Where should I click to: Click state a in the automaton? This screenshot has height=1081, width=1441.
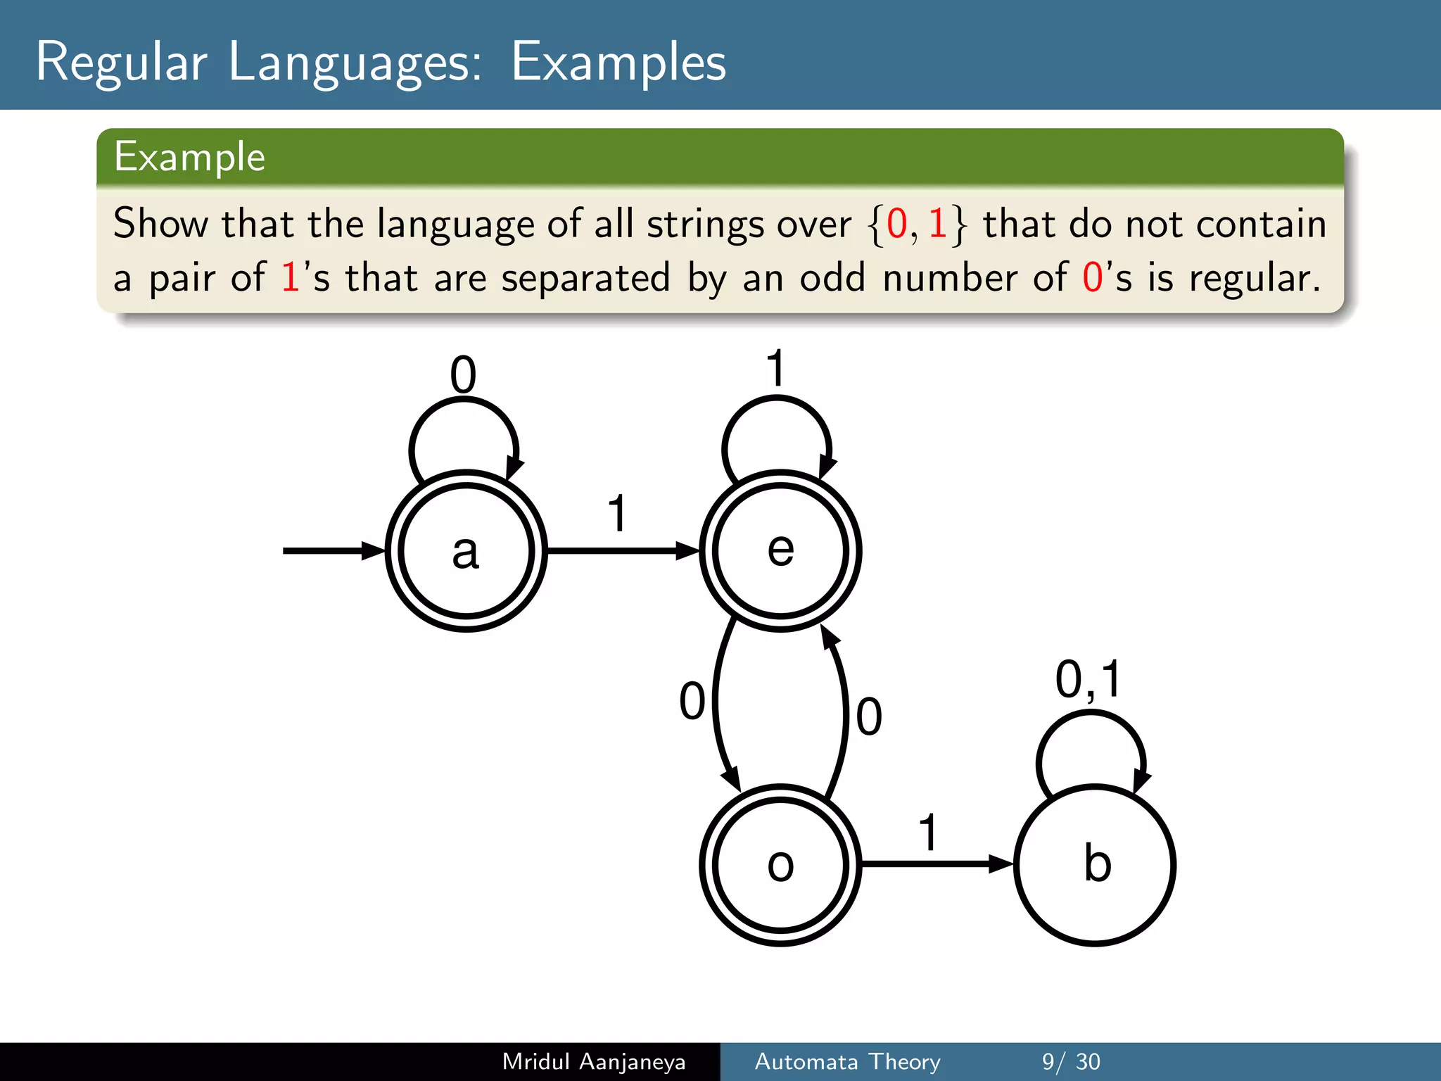click(466, 550)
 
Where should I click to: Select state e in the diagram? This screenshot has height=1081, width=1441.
click(780, 550)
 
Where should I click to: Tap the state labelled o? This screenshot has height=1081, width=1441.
click(780, 865)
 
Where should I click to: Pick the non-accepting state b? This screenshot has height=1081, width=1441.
click(1095, 865)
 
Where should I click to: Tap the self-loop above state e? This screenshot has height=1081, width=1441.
click(777, 399)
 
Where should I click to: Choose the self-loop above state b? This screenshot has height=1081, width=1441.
click(1091, 714)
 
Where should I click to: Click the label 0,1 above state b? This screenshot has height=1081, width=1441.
click(1088, 680)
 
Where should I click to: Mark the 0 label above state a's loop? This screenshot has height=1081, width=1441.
click(463, 374)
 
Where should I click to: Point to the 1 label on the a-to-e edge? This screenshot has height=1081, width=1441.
click(617, 513)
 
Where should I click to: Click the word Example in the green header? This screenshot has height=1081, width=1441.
click(190, 156)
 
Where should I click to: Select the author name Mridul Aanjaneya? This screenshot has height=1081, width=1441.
click(594, 1061)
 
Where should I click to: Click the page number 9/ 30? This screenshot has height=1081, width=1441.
click(1071, 1061)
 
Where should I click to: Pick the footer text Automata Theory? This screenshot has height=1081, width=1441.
click(847, 1061)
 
